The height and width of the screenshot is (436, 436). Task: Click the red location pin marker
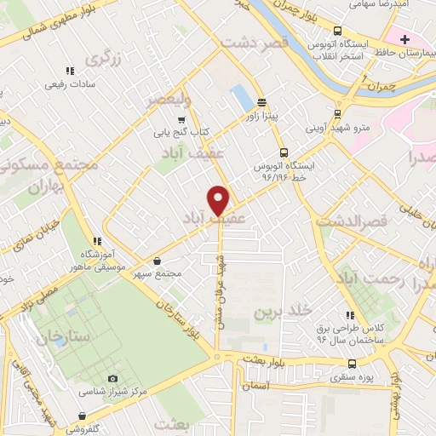click(219, 199)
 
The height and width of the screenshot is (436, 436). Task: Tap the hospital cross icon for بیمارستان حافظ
click(405, 39)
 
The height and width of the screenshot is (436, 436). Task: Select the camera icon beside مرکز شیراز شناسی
click(113, 378)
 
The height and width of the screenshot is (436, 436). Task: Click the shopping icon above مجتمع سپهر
click(157, 261)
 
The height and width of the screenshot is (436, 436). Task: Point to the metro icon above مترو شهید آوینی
click(337, 112)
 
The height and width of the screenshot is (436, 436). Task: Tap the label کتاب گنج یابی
click(181, 133)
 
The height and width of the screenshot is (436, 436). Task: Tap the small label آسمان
click(254, 386)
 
